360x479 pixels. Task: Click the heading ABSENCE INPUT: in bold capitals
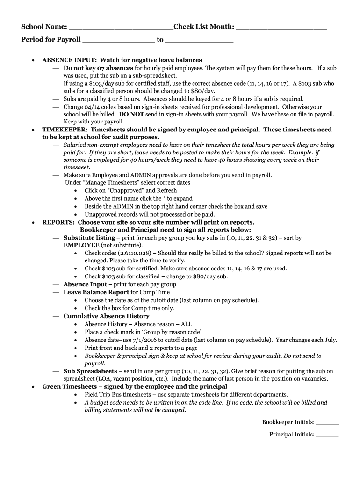[70, 60]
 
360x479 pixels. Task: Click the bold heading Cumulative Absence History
[106, 316]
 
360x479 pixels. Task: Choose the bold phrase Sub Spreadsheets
[90, 371]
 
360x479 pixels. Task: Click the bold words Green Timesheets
[68, 387]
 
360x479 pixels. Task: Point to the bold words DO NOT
[131, 114]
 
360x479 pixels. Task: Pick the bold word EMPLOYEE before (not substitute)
[81, 245]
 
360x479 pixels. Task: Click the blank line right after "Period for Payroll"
[118, 40]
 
